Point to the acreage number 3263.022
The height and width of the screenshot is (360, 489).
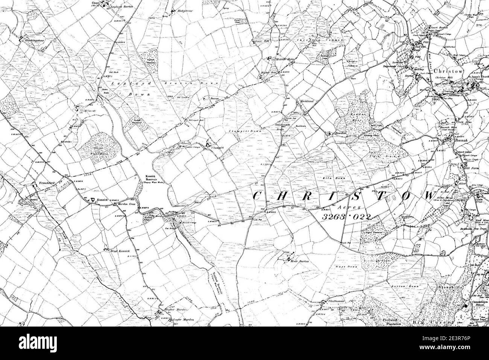pos(346,217)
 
